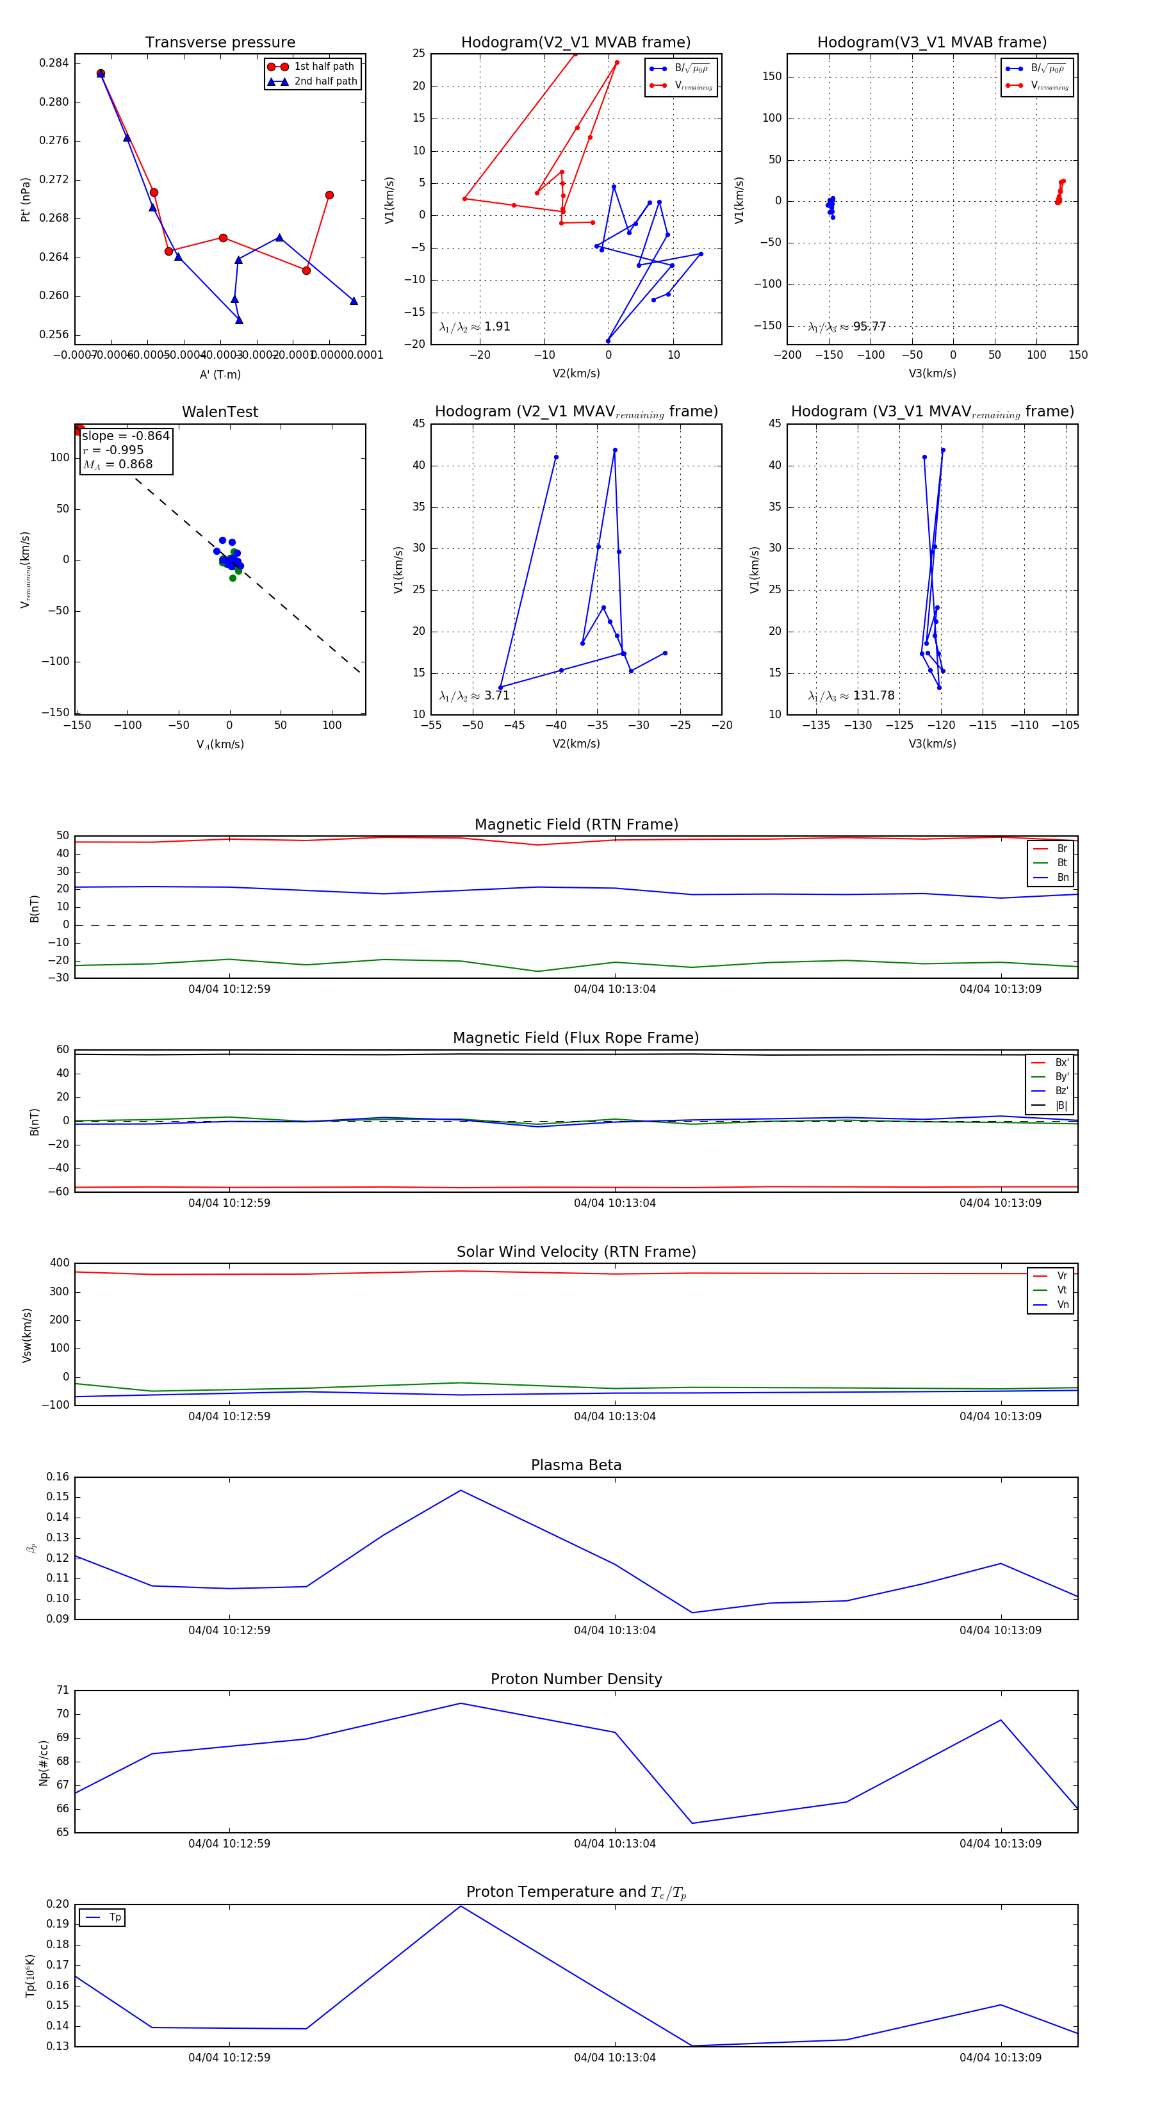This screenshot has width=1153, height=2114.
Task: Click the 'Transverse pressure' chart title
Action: click(220, 43)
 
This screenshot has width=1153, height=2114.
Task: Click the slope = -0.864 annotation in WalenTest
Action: click(126, 436)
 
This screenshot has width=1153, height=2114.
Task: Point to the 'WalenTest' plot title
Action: click(220, 412)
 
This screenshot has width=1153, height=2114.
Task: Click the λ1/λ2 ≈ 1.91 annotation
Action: click(474, 327)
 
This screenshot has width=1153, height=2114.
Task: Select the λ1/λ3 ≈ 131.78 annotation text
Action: click(851, 696)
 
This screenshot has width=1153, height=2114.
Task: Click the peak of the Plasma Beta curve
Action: click(461, 1490)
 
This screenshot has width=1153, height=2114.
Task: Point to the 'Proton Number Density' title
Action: click(576, 1679)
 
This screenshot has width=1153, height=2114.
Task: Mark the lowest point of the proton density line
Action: click(692, 1824)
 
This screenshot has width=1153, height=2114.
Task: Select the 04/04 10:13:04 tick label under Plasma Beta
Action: click(615, 1630)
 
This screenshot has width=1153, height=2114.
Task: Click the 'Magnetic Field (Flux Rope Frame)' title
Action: click(576, 1038)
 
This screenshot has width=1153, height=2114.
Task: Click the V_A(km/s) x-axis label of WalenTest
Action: click(220, 744)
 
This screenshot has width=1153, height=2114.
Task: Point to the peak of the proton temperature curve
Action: click(461, 1906)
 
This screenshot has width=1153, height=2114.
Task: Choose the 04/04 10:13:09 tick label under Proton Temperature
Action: click(1001, 2058)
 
